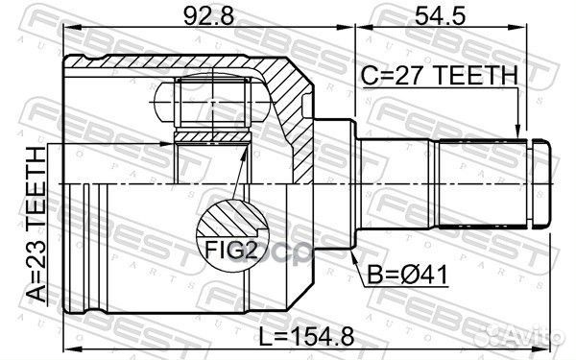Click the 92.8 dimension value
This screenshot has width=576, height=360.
point(208,15)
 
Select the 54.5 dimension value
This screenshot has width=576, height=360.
point(440,15)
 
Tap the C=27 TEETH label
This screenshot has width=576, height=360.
point(440,75)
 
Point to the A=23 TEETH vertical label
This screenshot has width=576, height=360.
point(37,225)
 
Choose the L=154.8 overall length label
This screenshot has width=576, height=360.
point(307,337)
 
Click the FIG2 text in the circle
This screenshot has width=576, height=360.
point(230,251)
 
